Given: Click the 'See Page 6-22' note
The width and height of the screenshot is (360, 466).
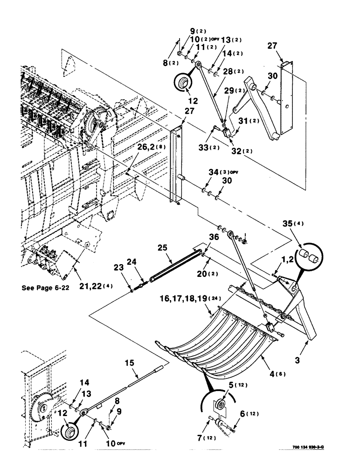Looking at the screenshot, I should [x=45, y=288].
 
